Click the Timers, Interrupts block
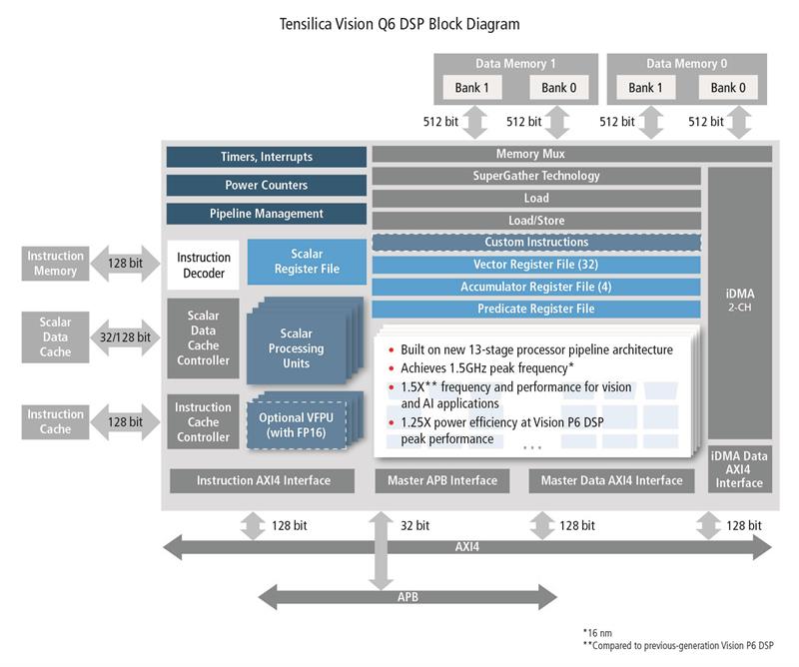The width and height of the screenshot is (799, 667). [x=266, y=157]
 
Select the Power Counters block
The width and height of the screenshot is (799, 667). [x=266, y=185]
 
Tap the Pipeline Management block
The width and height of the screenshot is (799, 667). [x=266, y=214]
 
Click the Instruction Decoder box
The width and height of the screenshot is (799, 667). [x=204, y=266]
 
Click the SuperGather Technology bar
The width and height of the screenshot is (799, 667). [x=536, y=176]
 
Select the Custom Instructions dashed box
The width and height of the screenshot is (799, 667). [x=536, y=242]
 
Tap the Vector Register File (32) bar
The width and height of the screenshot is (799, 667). [x=536, y=265]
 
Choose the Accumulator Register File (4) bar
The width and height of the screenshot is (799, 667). [x=536, y=287]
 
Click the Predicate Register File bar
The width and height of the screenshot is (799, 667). [x=536, y=309]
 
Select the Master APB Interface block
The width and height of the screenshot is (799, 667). [x=441, y=480]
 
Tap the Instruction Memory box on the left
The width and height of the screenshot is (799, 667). [x=55, y=264]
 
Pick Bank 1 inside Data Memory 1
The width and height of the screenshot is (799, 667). [x=472, y=88]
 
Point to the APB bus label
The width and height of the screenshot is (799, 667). [x=408, y=598]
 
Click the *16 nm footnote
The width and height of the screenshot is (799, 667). [x=599, y=633]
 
